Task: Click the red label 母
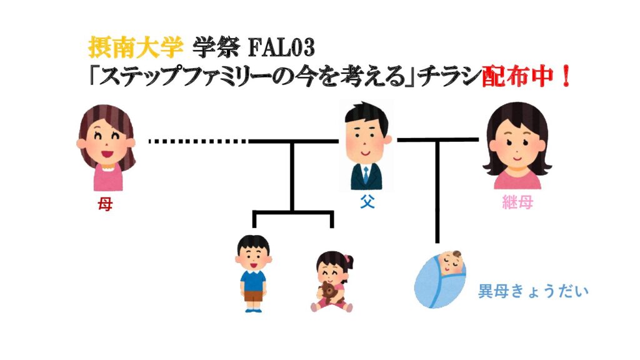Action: click(105, 204)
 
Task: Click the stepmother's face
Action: click(516, 147)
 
